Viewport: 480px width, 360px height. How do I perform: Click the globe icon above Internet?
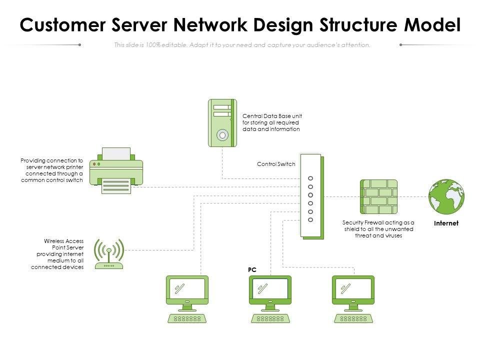pos(446,196)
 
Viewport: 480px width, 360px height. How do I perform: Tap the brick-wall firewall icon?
pos(378,196)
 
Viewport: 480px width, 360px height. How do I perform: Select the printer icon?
pos(116,170)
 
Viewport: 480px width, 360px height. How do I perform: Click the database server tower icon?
pos(221,123)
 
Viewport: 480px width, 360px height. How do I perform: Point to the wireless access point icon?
pos(108,253)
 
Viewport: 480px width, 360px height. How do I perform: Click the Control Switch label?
pos(276,164)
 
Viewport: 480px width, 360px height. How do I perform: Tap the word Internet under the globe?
pos(446,223)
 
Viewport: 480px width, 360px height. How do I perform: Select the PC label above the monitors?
pos(252,269)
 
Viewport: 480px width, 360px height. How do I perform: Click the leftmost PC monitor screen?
pos(187,288)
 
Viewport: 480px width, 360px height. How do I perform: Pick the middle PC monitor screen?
pos(270,288)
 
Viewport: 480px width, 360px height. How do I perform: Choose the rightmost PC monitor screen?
pos(353,288)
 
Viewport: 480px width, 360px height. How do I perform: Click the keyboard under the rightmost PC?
pos(353,318)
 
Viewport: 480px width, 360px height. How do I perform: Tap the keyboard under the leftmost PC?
pos(187,318)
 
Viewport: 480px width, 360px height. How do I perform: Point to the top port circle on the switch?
pos(310,178)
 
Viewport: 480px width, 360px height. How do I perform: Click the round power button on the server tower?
pos(222,135)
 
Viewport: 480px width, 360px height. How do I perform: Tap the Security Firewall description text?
pos(378,229)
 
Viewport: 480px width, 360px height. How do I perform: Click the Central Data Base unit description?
pos(272,122)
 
